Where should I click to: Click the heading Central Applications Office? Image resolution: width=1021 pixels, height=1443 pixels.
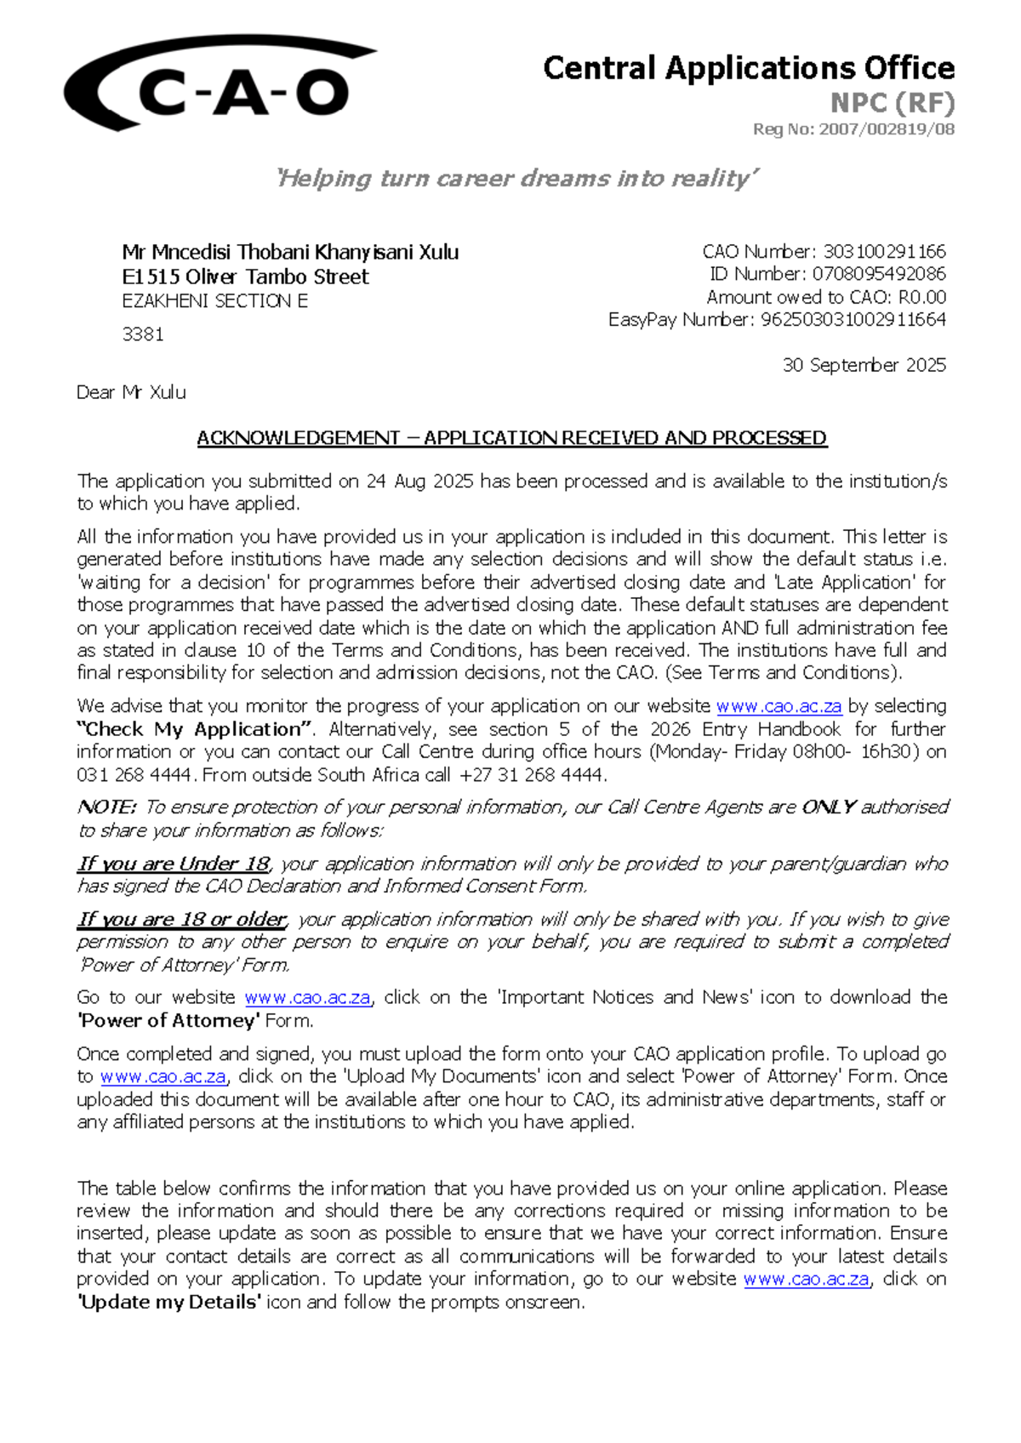click(748, 68)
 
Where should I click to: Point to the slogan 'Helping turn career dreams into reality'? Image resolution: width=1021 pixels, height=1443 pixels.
click(516, 179)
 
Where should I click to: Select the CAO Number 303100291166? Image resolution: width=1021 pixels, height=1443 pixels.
click(884, 252)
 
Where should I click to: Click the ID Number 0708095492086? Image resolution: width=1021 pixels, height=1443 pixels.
click(879, 274)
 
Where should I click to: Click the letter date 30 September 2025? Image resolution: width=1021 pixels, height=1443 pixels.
click(864, 365)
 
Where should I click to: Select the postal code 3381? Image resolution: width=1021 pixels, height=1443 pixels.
click(142, 334)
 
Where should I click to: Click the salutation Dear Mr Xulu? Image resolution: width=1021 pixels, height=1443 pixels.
click(131, 392)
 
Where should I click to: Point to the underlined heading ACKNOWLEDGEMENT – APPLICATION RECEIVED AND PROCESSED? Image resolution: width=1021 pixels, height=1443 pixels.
click(511, 438)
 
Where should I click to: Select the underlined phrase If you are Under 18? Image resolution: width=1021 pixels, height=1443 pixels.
click(174, 864)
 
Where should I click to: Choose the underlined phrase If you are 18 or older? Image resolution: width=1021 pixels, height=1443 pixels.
click(182, 920)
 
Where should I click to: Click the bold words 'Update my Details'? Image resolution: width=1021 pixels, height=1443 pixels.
click(168, 1302)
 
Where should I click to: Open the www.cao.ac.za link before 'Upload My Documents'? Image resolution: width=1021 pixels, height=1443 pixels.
click(163, 1076)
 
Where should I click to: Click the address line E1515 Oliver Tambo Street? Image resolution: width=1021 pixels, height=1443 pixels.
click(245, 277)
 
